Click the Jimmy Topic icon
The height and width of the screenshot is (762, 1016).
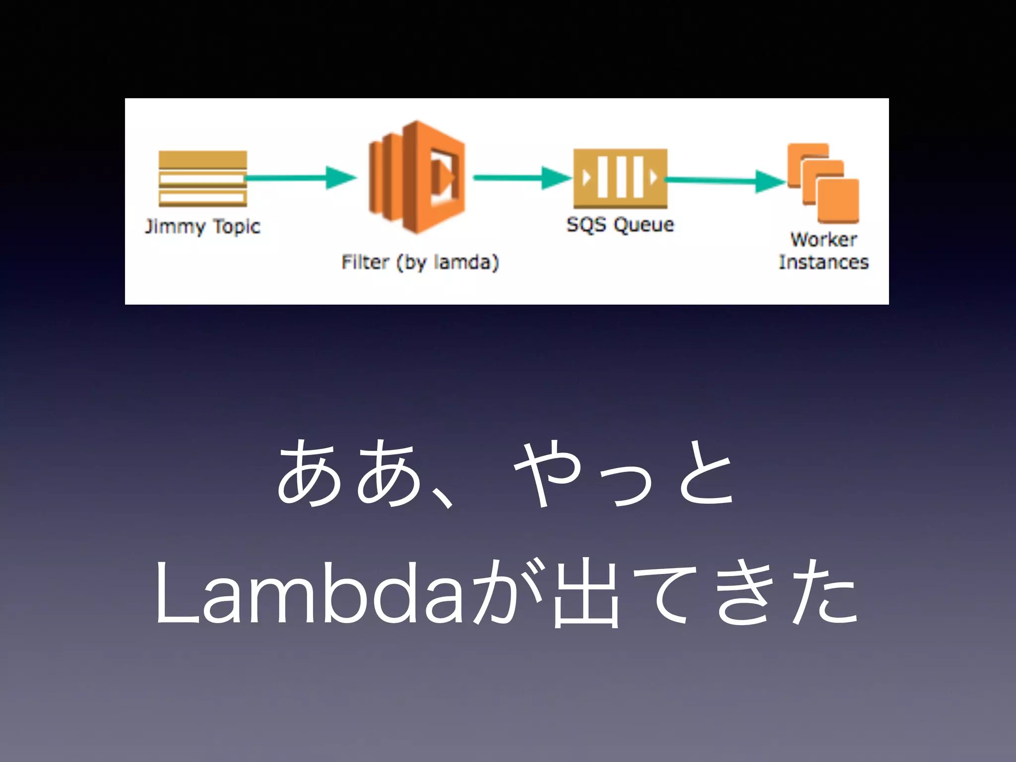point(202,179)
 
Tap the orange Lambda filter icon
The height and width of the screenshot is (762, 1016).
point(417,178)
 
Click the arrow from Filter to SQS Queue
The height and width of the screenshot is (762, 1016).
point(521,178)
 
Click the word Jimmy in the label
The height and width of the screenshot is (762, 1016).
point(175,227)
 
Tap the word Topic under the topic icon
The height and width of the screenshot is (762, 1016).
point(237,227)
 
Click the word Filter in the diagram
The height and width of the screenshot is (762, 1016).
point(365,262)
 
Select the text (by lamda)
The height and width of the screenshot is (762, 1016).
point(447,262)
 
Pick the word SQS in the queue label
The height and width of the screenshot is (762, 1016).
point(586,225)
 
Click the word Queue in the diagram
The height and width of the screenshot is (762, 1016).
point(644,225)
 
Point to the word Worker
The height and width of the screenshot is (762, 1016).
point(824,240)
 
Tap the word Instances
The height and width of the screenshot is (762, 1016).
point(824,262)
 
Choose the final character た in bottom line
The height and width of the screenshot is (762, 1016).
point(824,593)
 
